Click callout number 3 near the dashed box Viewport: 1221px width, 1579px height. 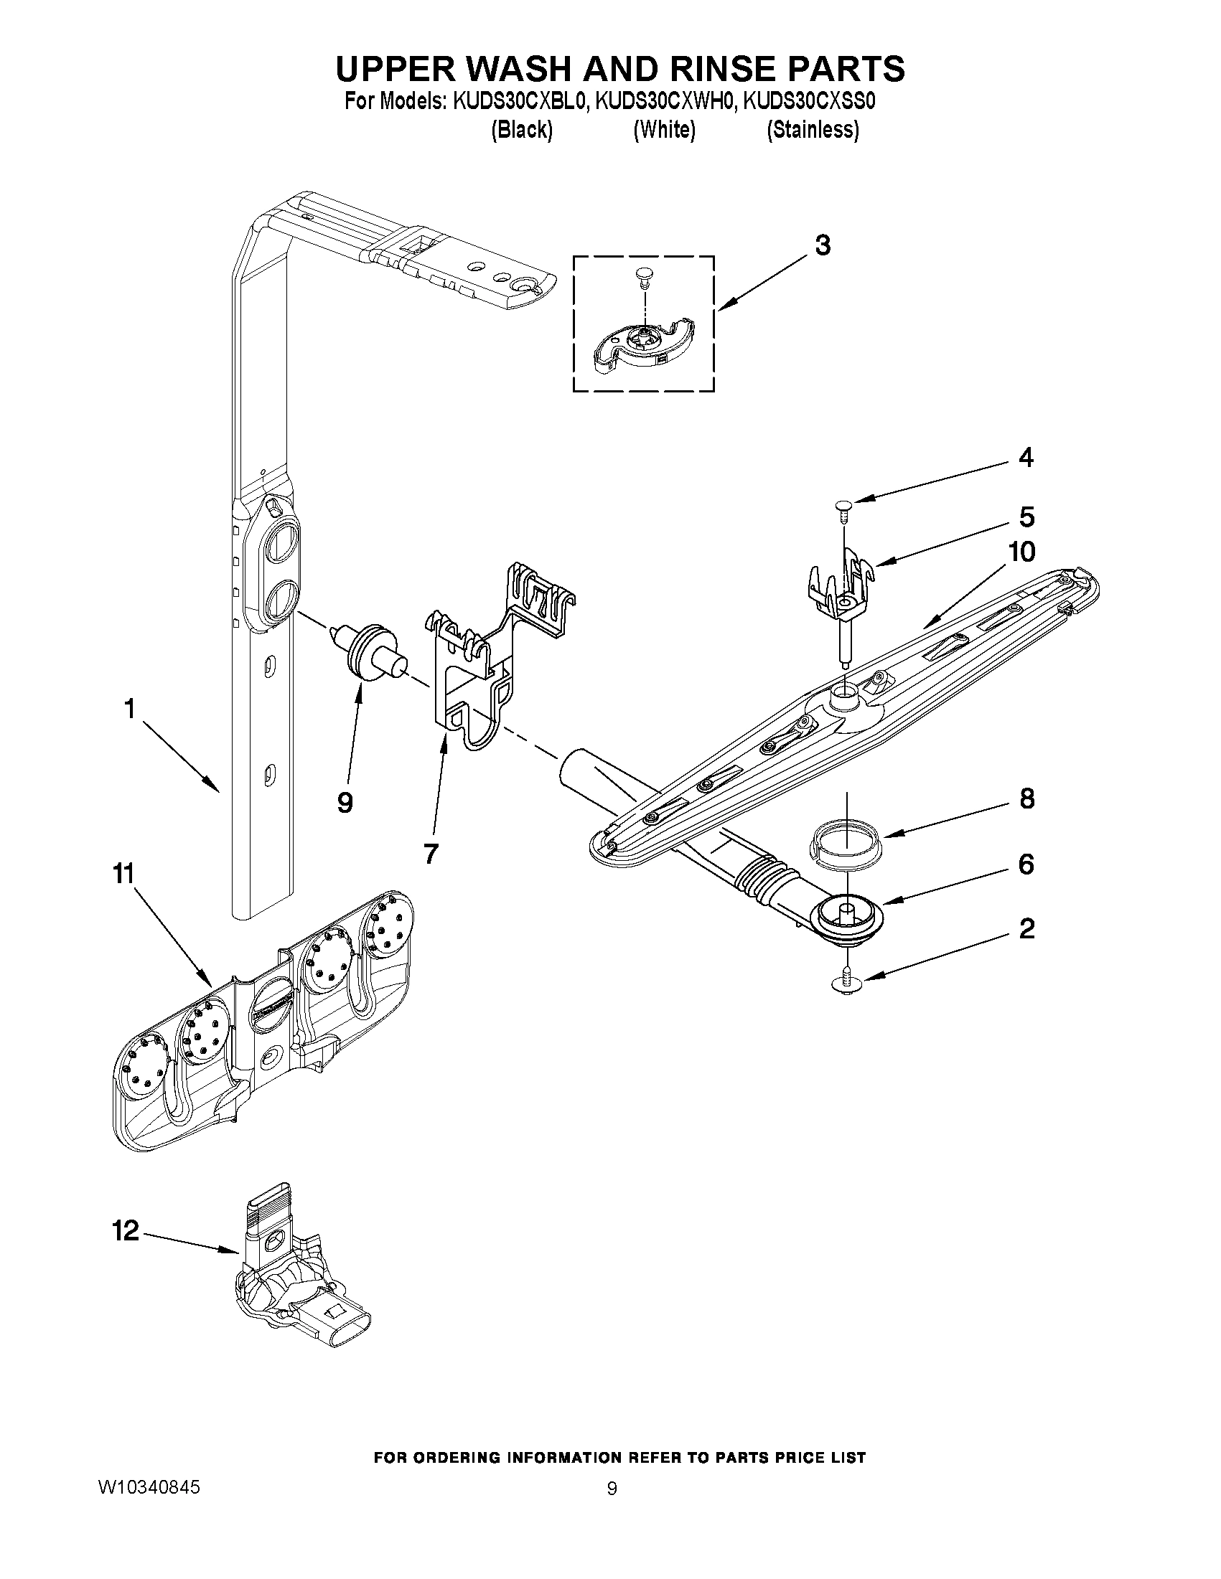click(x=823, y=246)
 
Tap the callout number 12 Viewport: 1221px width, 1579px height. click(x=125, y=1230)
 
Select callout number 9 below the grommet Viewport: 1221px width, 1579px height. click(x=345, y=802)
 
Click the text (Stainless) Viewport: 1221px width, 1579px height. click(x=813, y=130)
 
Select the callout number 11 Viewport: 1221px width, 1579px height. click(x=123, y=874)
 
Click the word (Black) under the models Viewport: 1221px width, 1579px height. click(x=522, y=130)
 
